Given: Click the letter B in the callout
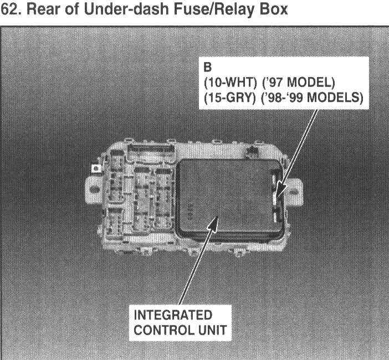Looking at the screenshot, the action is [208, 69].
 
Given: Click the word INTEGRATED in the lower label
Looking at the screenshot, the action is [173, 316].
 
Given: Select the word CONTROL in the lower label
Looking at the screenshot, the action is [162, 330].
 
